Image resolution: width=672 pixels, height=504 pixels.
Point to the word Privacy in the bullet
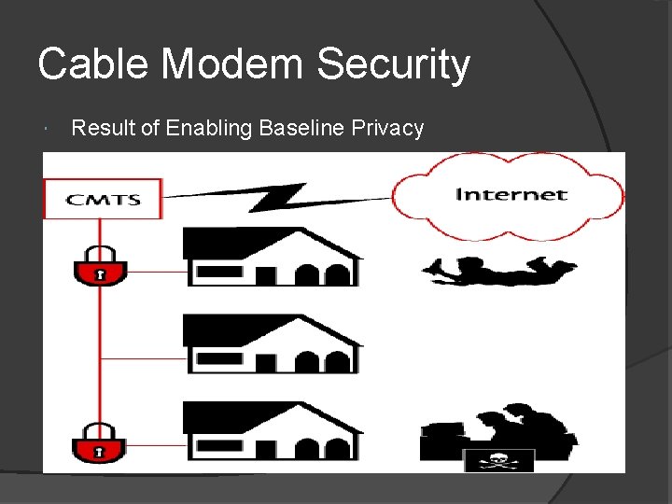388,128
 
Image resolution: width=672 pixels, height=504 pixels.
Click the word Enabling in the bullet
209,128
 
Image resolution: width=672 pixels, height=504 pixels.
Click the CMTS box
103,199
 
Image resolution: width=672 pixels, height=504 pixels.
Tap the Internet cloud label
510,195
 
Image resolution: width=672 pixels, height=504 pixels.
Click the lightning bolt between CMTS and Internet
280,197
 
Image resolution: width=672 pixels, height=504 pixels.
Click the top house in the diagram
271,257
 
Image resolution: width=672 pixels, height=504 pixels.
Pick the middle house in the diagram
271,343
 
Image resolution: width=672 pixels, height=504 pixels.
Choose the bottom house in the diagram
271,431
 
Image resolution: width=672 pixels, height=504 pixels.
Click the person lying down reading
498,270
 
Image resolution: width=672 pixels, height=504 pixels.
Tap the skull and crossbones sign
498,461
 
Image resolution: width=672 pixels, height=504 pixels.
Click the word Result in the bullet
103,128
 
